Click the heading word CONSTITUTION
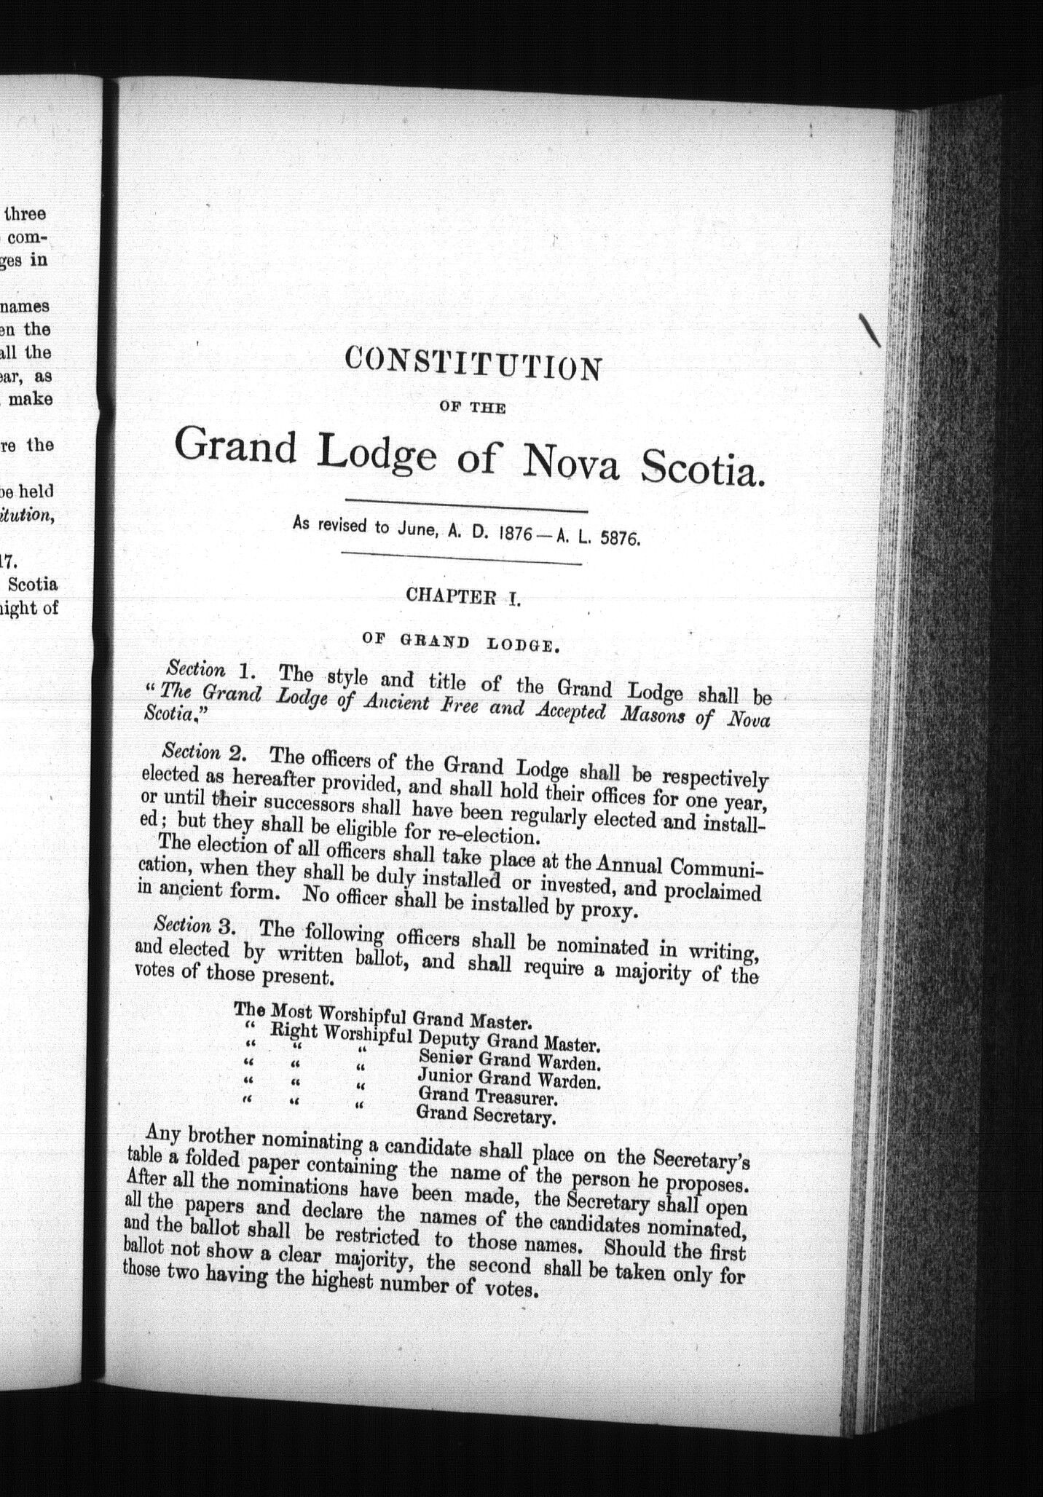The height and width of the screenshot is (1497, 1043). [x=473, y=363]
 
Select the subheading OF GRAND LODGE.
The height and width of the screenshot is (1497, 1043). [x=460, y=641]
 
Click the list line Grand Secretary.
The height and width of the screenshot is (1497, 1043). [x=486, y=1114]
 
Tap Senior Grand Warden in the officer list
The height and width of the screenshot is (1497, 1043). [x=509, y=1061]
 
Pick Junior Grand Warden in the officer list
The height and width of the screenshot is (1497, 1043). [x=508, y=1078]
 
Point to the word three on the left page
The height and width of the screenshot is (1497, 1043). [x=25, y=213]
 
